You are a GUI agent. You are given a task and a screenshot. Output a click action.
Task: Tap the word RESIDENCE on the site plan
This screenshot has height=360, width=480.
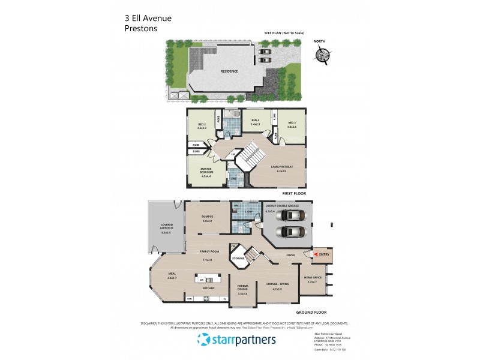tap(229, 71)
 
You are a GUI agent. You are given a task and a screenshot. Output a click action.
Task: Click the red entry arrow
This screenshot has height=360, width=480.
tap(316, 255)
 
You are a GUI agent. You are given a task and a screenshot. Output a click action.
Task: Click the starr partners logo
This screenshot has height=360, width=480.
tap(236, 340)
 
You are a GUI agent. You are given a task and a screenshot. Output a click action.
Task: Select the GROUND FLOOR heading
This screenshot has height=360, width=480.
tap(311, 313)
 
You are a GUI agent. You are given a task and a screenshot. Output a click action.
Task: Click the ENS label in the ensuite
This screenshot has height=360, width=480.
tap(233, 178)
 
